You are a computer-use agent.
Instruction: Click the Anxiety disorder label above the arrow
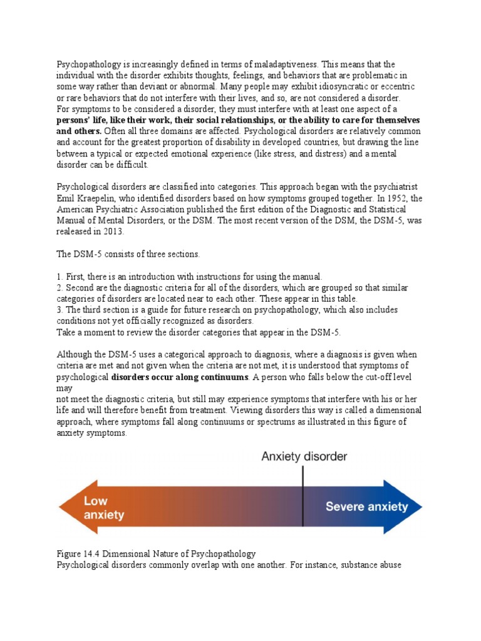[x=304, y=456]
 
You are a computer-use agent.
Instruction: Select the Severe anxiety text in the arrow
[x=366, y=506]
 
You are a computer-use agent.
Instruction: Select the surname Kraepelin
[x=101, y=198]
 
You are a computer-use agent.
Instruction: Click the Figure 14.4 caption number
[x=94, y=554]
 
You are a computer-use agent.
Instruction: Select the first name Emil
[x=67, y=198]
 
